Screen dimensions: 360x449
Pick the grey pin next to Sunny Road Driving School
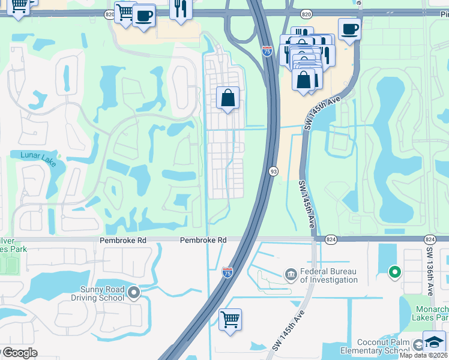pos(134,293)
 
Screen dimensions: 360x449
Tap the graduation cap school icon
pos(433,341)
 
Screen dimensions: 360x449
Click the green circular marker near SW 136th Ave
pos(394,272)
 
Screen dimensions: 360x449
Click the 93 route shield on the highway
pos(273,171)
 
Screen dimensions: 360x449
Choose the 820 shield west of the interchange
pos(109,13)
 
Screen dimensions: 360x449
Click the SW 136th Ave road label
pos(430,270)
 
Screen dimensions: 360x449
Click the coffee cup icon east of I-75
pos(349,28)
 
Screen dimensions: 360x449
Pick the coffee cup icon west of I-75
pos(144,16)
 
